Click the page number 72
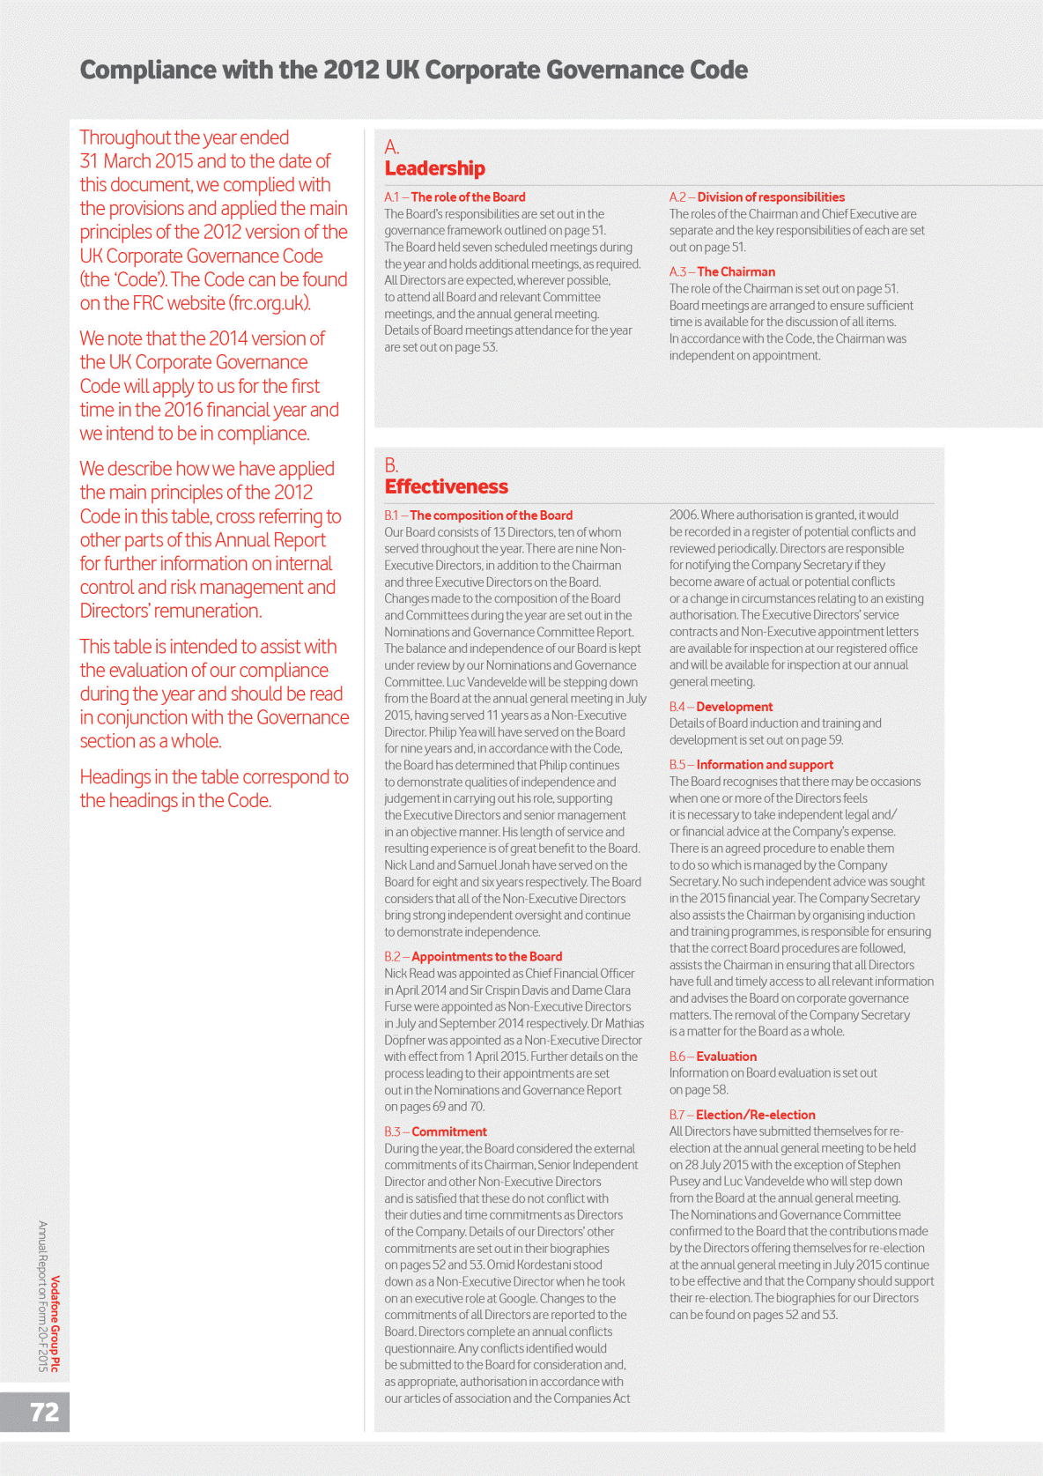pyautogui.click(x=44, y=1412)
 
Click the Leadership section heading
pyautogui.click(x=434, y=168)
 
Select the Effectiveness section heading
pyautogui.click(x=446, y=486)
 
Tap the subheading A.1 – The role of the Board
pyautogui.click(x=455, y=197)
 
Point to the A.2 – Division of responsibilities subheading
pyautogui.click(x=757, y=197)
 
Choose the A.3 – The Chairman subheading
pyautogui.click(x=722, y=272)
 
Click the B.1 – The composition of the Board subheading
pyautogui.click(x=478, y=515)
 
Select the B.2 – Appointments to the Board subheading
pyautogui.click(x=473, y=957)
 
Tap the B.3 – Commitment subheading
pyautogui.click(x=435, y=1132)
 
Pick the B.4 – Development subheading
pyautogui.click(x=721, y=707)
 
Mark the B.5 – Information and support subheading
pyautogui.click(x=751, y=765)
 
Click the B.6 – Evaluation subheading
pyautogui.click(x=713, y=1057)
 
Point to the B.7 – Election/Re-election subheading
pyautogui.click(x=742, y=1115)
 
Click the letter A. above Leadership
pyautogui.click(x=392, y=147)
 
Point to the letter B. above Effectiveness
pyautogui.click(x=392, y=465)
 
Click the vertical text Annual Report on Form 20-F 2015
pyautogui.click(x=42, y=1295)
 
